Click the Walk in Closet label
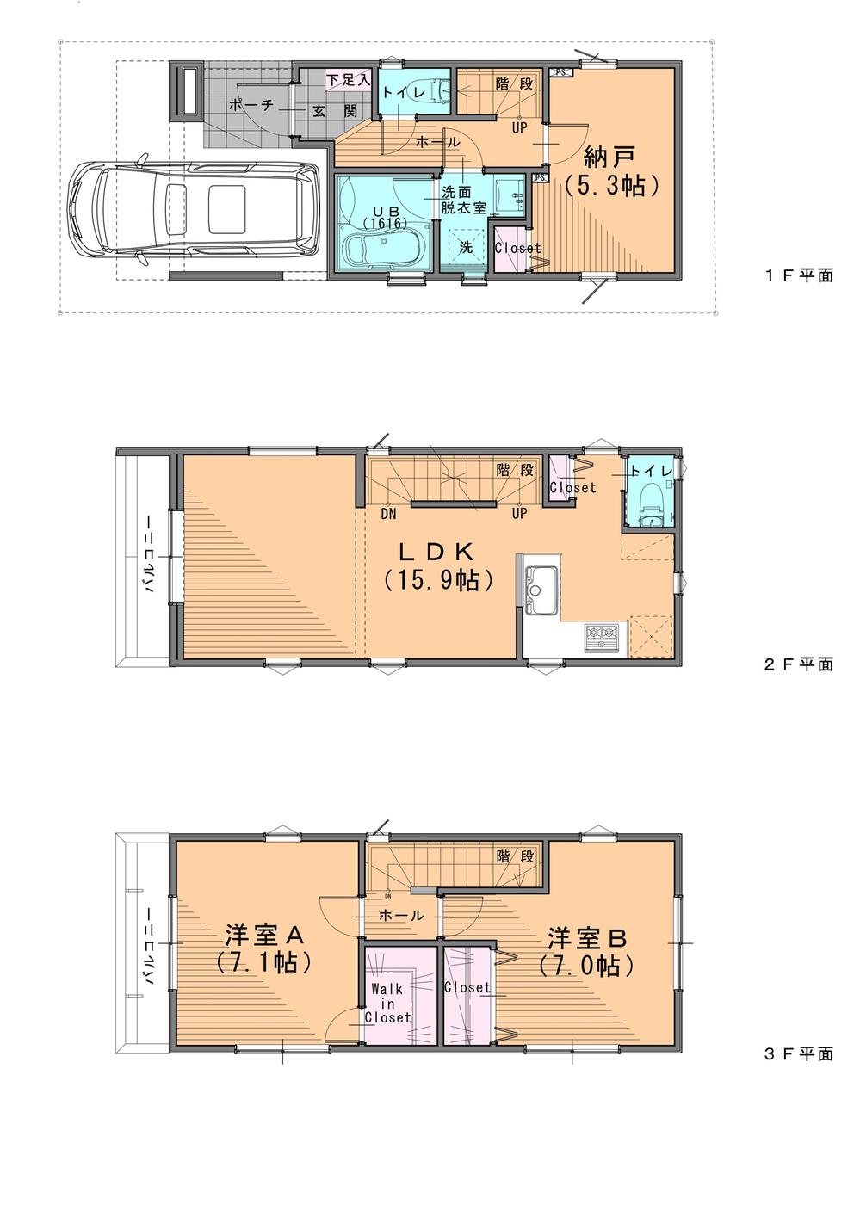tap(387, 1004)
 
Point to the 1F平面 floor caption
tap(798, 276)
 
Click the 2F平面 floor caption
tap(798, 664)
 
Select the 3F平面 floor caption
tap(798, 1053)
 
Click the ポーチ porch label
tap(251, 105)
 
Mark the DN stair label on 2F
tap(388, 514)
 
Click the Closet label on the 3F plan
tap(467, 987)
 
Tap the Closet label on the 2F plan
tap(572, 487)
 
